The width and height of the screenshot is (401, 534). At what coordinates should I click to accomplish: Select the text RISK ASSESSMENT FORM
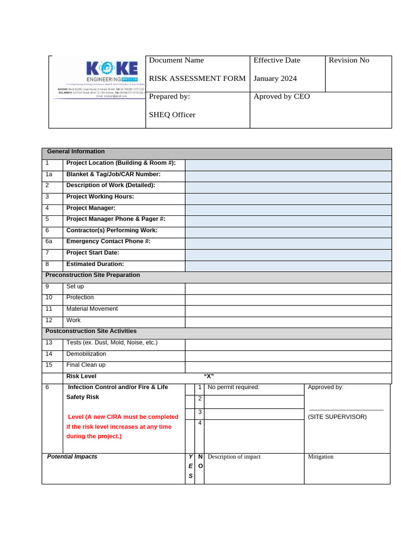(x=197, y=78)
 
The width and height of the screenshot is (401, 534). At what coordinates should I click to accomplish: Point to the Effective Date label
(x=277, y=60)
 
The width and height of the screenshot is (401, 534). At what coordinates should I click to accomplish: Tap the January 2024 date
(x=275, y=78)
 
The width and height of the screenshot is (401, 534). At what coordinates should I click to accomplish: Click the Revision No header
(x=349, y=60)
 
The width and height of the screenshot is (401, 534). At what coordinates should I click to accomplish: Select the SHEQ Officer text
(x=172, y=115)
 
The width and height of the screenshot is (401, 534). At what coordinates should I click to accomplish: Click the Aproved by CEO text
(x=281, y=96)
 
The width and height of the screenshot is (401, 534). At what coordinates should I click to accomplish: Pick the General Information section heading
(x=76, y=152)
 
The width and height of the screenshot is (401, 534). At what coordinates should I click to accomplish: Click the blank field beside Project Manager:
(x=288, y=208)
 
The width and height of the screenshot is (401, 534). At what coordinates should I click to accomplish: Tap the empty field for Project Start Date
(x=288, y=253)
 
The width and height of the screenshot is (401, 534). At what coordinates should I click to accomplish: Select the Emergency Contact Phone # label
(x=108, y=241)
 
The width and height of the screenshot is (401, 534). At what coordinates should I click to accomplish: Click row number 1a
(x=48, y=174)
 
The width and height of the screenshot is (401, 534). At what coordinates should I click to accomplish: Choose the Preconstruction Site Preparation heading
(x=92, y=275)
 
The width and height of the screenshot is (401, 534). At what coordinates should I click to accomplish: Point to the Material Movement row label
(x=92, y=309)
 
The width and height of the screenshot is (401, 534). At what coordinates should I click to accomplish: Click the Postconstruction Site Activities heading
(x=91, y=331)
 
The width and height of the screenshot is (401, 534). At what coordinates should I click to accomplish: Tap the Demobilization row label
(x=86, y=354)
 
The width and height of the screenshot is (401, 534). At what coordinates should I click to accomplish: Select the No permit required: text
(x=233, y=387)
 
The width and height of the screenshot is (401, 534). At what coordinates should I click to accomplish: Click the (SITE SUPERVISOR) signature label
(x=337, y=417)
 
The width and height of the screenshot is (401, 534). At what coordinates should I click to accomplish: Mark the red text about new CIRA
(x=123, y=427)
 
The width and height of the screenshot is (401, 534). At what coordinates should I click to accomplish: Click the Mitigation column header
(x=321, y=457)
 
